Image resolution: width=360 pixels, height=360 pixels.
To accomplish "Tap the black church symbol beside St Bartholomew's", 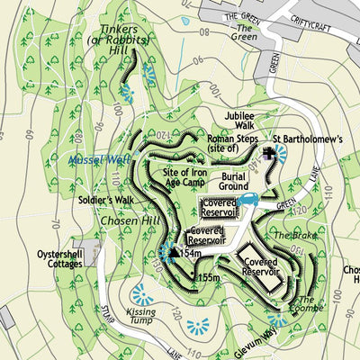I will pos(268,155).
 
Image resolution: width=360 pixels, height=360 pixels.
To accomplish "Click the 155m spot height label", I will pos(210,278).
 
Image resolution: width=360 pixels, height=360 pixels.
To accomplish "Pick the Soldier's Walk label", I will pos(105,198).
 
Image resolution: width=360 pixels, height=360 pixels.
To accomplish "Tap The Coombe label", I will pos(306,306).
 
